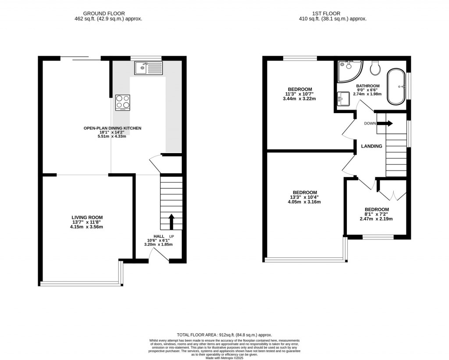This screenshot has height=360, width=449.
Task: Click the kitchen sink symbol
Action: (148, 68)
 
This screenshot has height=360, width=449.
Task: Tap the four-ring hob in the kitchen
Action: (123, 103)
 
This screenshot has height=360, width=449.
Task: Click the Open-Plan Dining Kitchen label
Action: (112, 128)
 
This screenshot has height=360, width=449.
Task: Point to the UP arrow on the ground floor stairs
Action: (171, 222)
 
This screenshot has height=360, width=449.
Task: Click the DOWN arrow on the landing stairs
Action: (385, 124)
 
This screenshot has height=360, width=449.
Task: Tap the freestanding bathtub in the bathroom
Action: (396, 87)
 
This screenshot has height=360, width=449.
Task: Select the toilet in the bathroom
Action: (375, 68)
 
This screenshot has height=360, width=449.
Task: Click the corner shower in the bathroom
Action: (350, 71)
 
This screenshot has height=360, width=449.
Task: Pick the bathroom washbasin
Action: (343, 99)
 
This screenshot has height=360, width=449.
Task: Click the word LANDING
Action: (371, 146)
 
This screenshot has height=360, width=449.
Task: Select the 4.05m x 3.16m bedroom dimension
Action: (304, 202)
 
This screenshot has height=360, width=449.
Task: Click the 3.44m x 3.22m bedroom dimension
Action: (299, 99)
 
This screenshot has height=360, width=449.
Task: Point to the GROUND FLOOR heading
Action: (104, 14)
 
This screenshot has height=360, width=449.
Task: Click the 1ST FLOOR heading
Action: (326, 14)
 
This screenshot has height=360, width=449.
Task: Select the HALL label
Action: (159, 236)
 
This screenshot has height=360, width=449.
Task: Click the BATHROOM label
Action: (368, 86)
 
